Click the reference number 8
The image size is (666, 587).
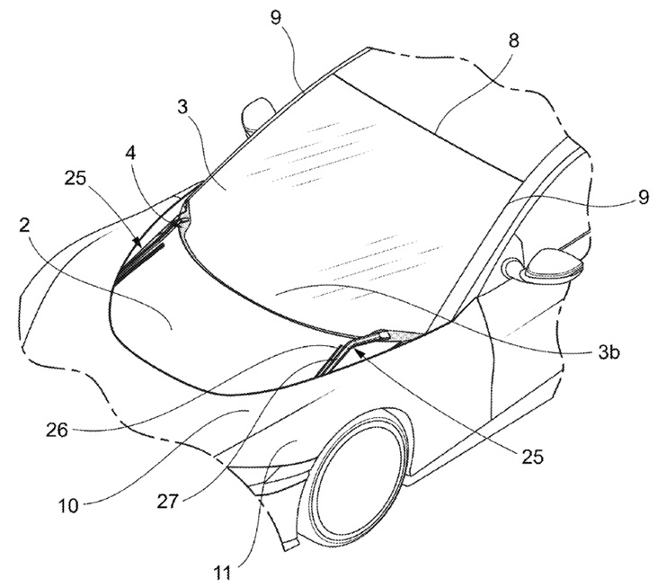[x=513, y=41]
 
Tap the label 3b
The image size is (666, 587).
[x=608, y=352]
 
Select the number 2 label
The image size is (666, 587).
[x=25, y=226]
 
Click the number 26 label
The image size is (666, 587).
[x=57, y=431]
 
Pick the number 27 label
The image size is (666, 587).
[x=167, y=502]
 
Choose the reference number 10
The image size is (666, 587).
[x=69, y=505]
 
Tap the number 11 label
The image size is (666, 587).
[x=223, y=573]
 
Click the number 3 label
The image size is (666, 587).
[x=182, y=107]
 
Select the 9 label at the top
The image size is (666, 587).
[x=277, y=18]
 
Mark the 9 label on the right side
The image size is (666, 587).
[x=644, y=198]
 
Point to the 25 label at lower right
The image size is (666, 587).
[x=531, y=457]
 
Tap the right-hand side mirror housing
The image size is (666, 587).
[x=553, y=265]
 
